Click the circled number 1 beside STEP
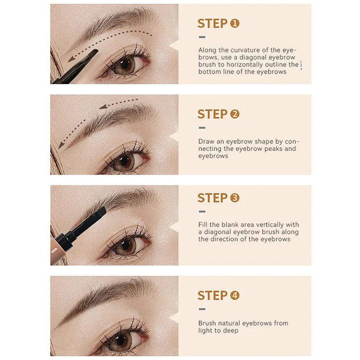tap(234, 23)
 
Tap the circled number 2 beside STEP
tap(234, 114)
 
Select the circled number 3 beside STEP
tap(234, 198)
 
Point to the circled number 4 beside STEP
tap(234, 296)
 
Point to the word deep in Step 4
tap(231, 331)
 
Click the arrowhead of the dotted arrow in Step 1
tap(72, 59)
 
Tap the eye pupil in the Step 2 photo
tap(124, 161)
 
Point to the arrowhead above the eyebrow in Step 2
tap(103, 107)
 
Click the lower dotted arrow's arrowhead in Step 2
tap(61, 145)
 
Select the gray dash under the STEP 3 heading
tap(202, 211)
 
